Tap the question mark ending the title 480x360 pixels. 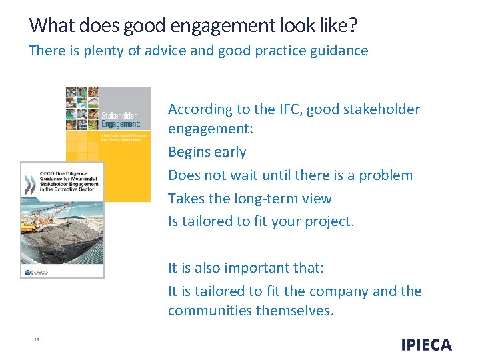[353, 26]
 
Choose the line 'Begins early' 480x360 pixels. [207, 152]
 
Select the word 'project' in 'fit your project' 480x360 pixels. [329, 221]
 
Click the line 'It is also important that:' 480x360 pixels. [246, 268]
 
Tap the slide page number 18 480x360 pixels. [36, 340]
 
